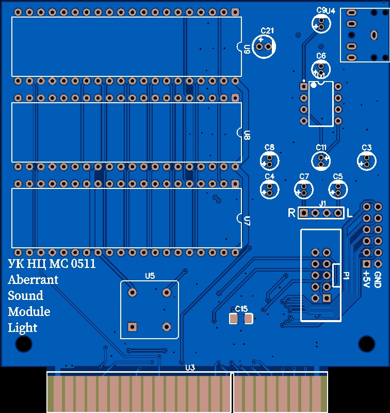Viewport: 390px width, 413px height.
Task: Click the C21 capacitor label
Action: pos(267,31)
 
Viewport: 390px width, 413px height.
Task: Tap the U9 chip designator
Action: pos(247,50)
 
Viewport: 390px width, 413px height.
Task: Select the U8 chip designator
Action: pos(247,135)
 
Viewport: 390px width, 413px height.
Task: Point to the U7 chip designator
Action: pos(247,221)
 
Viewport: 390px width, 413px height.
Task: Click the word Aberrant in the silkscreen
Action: pos(33,280)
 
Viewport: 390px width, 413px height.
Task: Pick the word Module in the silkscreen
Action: pos(29,312)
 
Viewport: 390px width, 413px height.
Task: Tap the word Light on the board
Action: pos(23,328)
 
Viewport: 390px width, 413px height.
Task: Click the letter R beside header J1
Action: pos(291,213)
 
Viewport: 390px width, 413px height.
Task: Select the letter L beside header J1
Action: pos(349,213)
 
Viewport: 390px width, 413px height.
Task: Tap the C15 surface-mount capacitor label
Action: pos(241,309)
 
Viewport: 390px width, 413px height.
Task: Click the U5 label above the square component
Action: pos(150,276)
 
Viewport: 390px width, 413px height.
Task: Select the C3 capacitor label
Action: pos(367,148)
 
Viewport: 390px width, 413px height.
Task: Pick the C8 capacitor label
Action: pos(269,148)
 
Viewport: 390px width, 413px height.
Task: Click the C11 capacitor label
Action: pos(321,148)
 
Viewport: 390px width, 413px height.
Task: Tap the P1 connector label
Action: pos(346,276)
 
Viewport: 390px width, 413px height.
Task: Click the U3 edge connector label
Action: pos(190,368)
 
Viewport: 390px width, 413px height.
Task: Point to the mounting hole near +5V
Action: pos(366,343)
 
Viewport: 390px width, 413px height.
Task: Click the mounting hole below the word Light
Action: pos(24,343)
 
